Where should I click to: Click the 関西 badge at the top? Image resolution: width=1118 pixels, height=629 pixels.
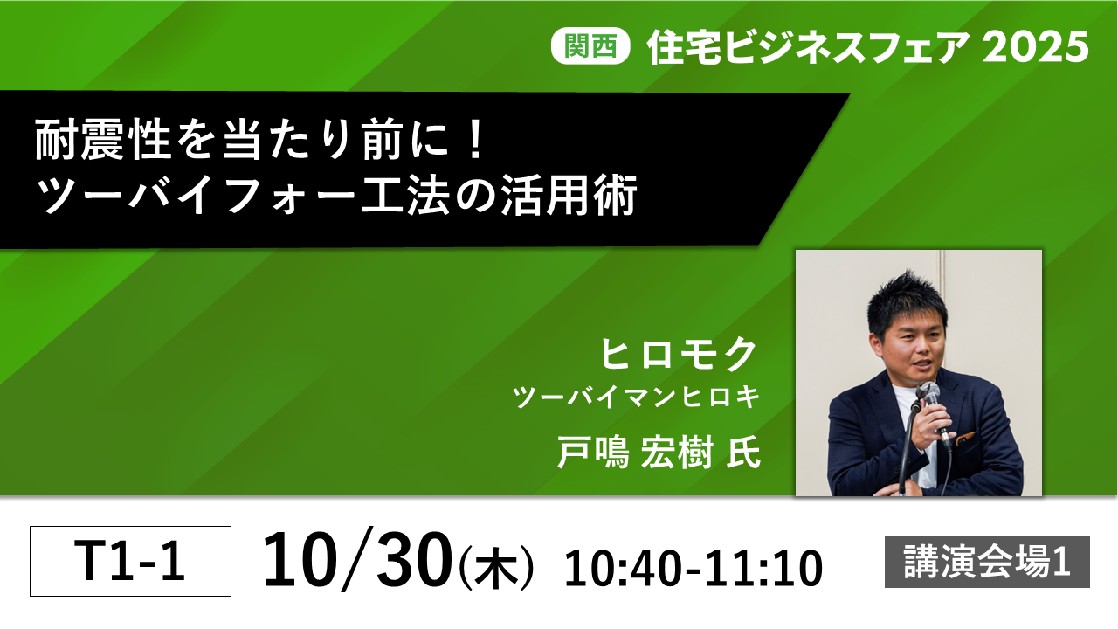(590, 46)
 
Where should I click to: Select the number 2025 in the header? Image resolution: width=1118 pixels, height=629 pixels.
(1036, 47)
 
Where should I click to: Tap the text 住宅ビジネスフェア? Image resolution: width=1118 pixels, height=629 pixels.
(809, 47)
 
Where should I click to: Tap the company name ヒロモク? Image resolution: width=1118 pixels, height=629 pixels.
(678, 354)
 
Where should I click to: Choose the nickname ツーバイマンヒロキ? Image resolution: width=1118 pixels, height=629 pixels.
(636, 397)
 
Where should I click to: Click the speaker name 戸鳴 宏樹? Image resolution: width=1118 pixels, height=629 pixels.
(634, 452)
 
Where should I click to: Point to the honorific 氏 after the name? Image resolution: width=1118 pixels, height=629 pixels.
(743, 452)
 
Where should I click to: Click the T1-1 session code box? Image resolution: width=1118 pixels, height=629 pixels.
(130, 561)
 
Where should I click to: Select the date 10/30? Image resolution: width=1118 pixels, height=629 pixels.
(357, 560)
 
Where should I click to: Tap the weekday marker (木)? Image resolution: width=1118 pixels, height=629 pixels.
(496, 568)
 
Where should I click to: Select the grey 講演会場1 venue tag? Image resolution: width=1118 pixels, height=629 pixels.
(987, 562)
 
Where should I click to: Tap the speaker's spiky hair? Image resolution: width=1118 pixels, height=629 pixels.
(907, 300)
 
